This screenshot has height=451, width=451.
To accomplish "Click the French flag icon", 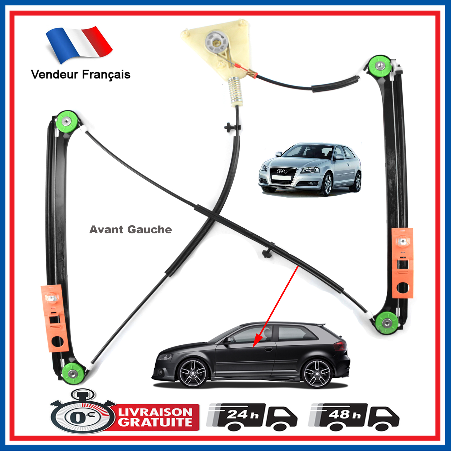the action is [x=79, y=44].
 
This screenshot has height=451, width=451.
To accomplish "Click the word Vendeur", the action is [x=54, y=74].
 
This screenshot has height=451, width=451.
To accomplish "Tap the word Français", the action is [x=106, y=75].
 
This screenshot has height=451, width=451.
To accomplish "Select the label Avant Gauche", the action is [x=131, y=229].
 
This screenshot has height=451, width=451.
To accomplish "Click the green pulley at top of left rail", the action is [x=67, y=121].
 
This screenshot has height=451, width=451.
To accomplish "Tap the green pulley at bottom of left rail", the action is [x=73, y=373].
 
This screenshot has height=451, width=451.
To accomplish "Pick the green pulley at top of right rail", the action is [x=380, y=67].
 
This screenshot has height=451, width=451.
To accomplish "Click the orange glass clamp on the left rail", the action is [x=55, y=318].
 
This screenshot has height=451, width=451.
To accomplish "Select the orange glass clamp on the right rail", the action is [x=403, y=263].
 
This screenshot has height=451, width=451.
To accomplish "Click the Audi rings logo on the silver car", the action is [x=282, y=171].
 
